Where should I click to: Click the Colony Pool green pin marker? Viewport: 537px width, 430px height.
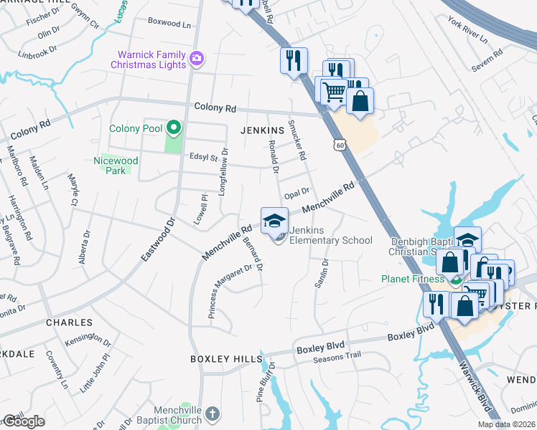(173, 128)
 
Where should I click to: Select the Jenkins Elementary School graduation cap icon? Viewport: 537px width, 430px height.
(274, 221)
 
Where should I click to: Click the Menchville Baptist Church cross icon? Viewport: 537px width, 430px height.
(212, 414)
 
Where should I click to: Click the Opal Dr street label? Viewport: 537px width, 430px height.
(296, 192)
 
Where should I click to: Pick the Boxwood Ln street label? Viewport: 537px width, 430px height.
(169, 23)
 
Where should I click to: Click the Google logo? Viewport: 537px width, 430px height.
(24, 421)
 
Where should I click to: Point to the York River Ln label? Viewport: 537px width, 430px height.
(467, 35)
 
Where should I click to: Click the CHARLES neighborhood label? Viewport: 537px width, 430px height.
(69, 322)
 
